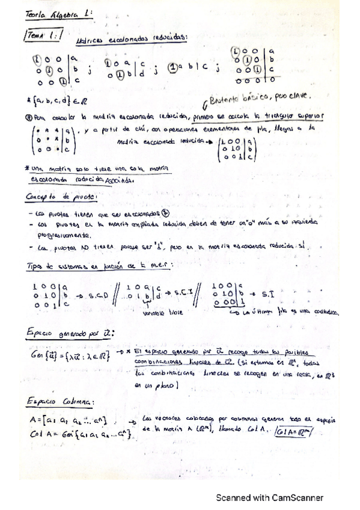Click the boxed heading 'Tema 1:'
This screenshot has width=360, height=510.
(x=41, y=35)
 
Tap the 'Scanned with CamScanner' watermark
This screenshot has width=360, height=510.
(x=270, y=497)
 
